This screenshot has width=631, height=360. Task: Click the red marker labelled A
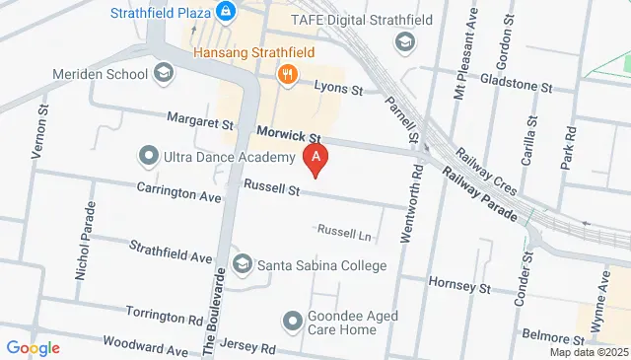(315, 158)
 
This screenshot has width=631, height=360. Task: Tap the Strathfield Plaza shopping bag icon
(226, 12)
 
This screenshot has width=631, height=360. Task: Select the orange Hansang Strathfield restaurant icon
(288, 72)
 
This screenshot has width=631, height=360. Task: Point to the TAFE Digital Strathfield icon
(403, 41)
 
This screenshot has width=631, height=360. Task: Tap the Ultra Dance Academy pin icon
(149, 156)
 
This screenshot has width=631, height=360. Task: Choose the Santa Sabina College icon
(243, 263)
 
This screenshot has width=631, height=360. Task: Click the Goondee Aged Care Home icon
(292, 321)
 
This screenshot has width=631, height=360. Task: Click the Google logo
(32, 347)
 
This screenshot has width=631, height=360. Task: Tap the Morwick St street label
(289, 133)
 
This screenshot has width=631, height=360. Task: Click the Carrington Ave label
(179, 190)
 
